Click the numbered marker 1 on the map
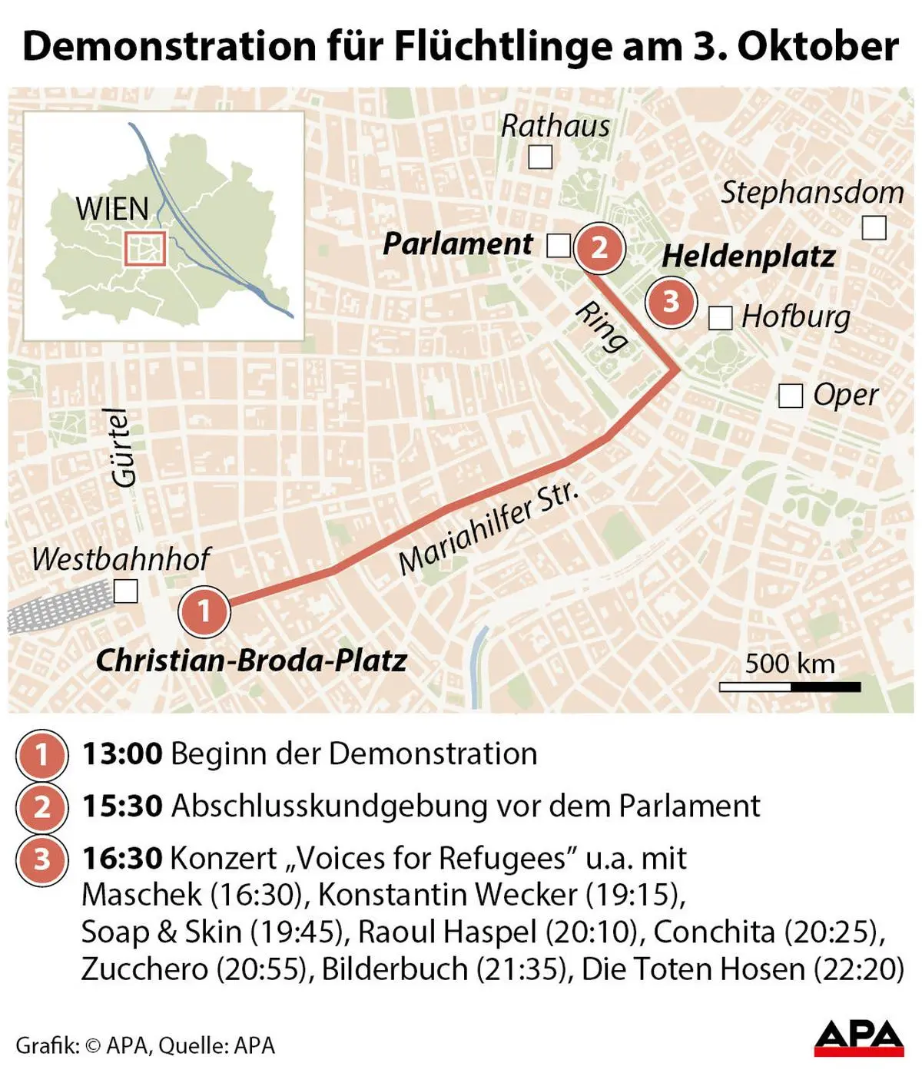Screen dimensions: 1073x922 click(x=204, y=611)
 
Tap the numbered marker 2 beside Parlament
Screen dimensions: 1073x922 click(x=599, y=247)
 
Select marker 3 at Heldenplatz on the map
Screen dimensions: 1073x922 click(x=671, y=302)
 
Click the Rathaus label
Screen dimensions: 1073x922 click(x=555, y=126)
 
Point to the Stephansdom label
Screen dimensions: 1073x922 click(x=811, y=192)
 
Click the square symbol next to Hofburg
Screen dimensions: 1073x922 click(x=720, y=318)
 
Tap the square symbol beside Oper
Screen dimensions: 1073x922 click(x=791, y=396)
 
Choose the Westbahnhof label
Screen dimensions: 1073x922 click(x=121, y=559)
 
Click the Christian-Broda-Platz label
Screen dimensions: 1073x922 click(x=251, y=661)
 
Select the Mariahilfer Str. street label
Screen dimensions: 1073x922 click(x=487, y=530)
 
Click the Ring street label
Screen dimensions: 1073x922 click(x=602, y=326)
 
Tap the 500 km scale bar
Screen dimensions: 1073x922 click(x=790, y=686)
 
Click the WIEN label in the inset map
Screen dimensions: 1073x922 click(x=112, y=209)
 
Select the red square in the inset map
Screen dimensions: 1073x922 click(x=145, y=248)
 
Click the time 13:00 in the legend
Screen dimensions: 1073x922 click(x=122, y=753)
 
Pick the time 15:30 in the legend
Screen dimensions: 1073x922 click(x=122, y=806)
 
